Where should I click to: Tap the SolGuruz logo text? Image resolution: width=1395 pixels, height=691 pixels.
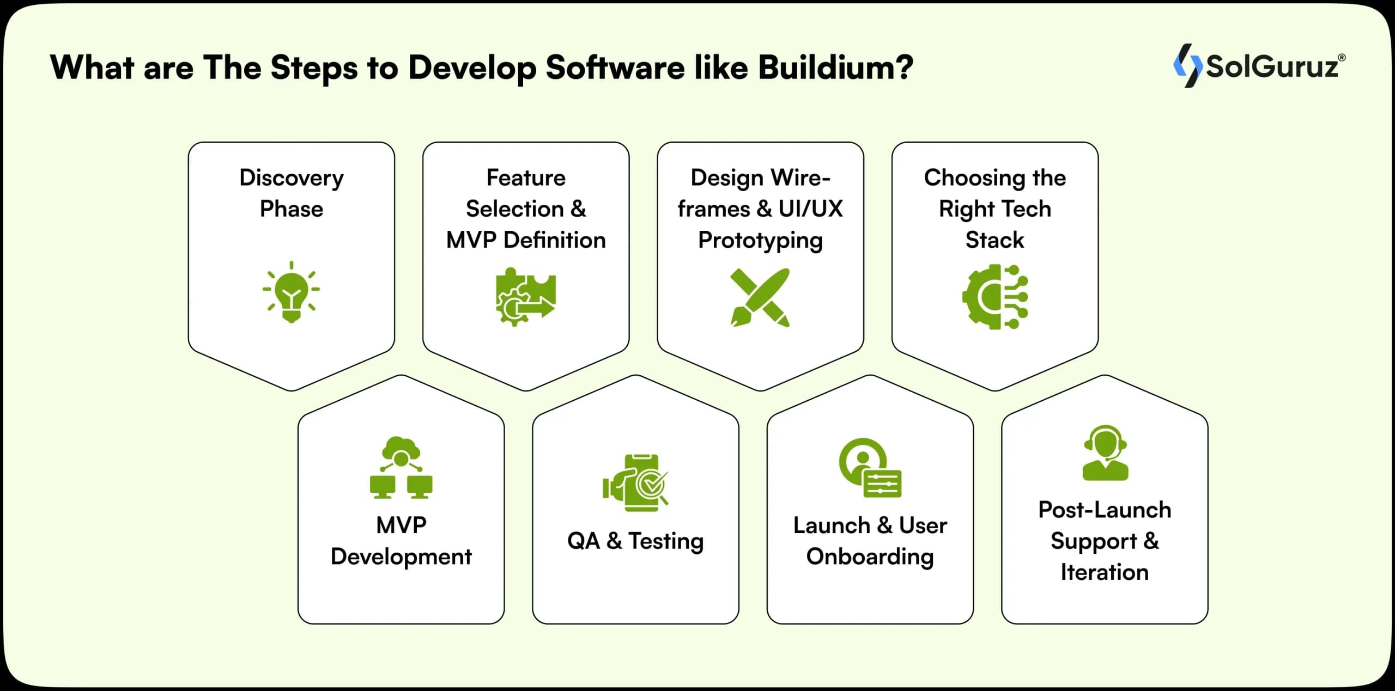click(x=1272, y=67)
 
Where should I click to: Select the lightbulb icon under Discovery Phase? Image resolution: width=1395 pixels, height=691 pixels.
click(x=292, y=292)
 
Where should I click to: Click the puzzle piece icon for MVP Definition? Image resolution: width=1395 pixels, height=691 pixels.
click(x=525, y=297)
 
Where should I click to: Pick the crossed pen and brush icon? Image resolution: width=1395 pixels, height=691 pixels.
click(x=760, y=297)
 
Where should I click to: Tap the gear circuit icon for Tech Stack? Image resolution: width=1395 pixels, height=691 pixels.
click(x=994, y=297)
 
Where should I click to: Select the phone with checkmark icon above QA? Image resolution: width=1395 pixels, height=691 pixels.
click(x=635, y=482)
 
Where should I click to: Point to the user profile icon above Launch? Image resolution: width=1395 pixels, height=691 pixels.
click(x=870, y=468)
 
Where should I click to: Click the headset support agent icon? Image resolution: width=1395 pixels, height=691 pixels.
click(x=1105, y=452)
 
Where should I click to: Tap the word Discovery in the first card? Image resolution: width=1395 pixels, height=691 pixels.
click(x=292, y=178)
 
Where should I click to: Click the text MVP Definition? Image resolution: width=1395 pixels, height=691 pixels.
click(x=525, y=240)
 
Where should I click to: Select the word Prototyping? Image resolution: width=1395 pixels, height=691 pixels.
click(x=760, y=240)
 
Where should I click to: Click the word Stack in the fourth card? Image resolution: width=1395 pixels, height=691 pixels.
click(x=994, y=240)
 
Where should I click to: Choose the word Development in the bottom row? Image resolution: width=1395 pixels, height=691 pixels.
click(x=401, y=557)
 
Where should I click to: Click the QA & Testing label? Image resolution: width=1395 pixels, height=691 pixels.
click(x=635, y=541)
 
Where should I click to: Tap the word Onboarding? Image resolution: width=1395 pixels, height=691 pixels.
click(x=870, y=557)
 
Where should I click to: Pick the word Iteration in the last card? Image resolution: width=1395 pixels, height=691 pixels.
click(x=1105, y=572)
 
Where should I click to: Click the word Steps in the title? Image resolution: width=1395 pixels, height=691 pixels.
click(x=314, y=68)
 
